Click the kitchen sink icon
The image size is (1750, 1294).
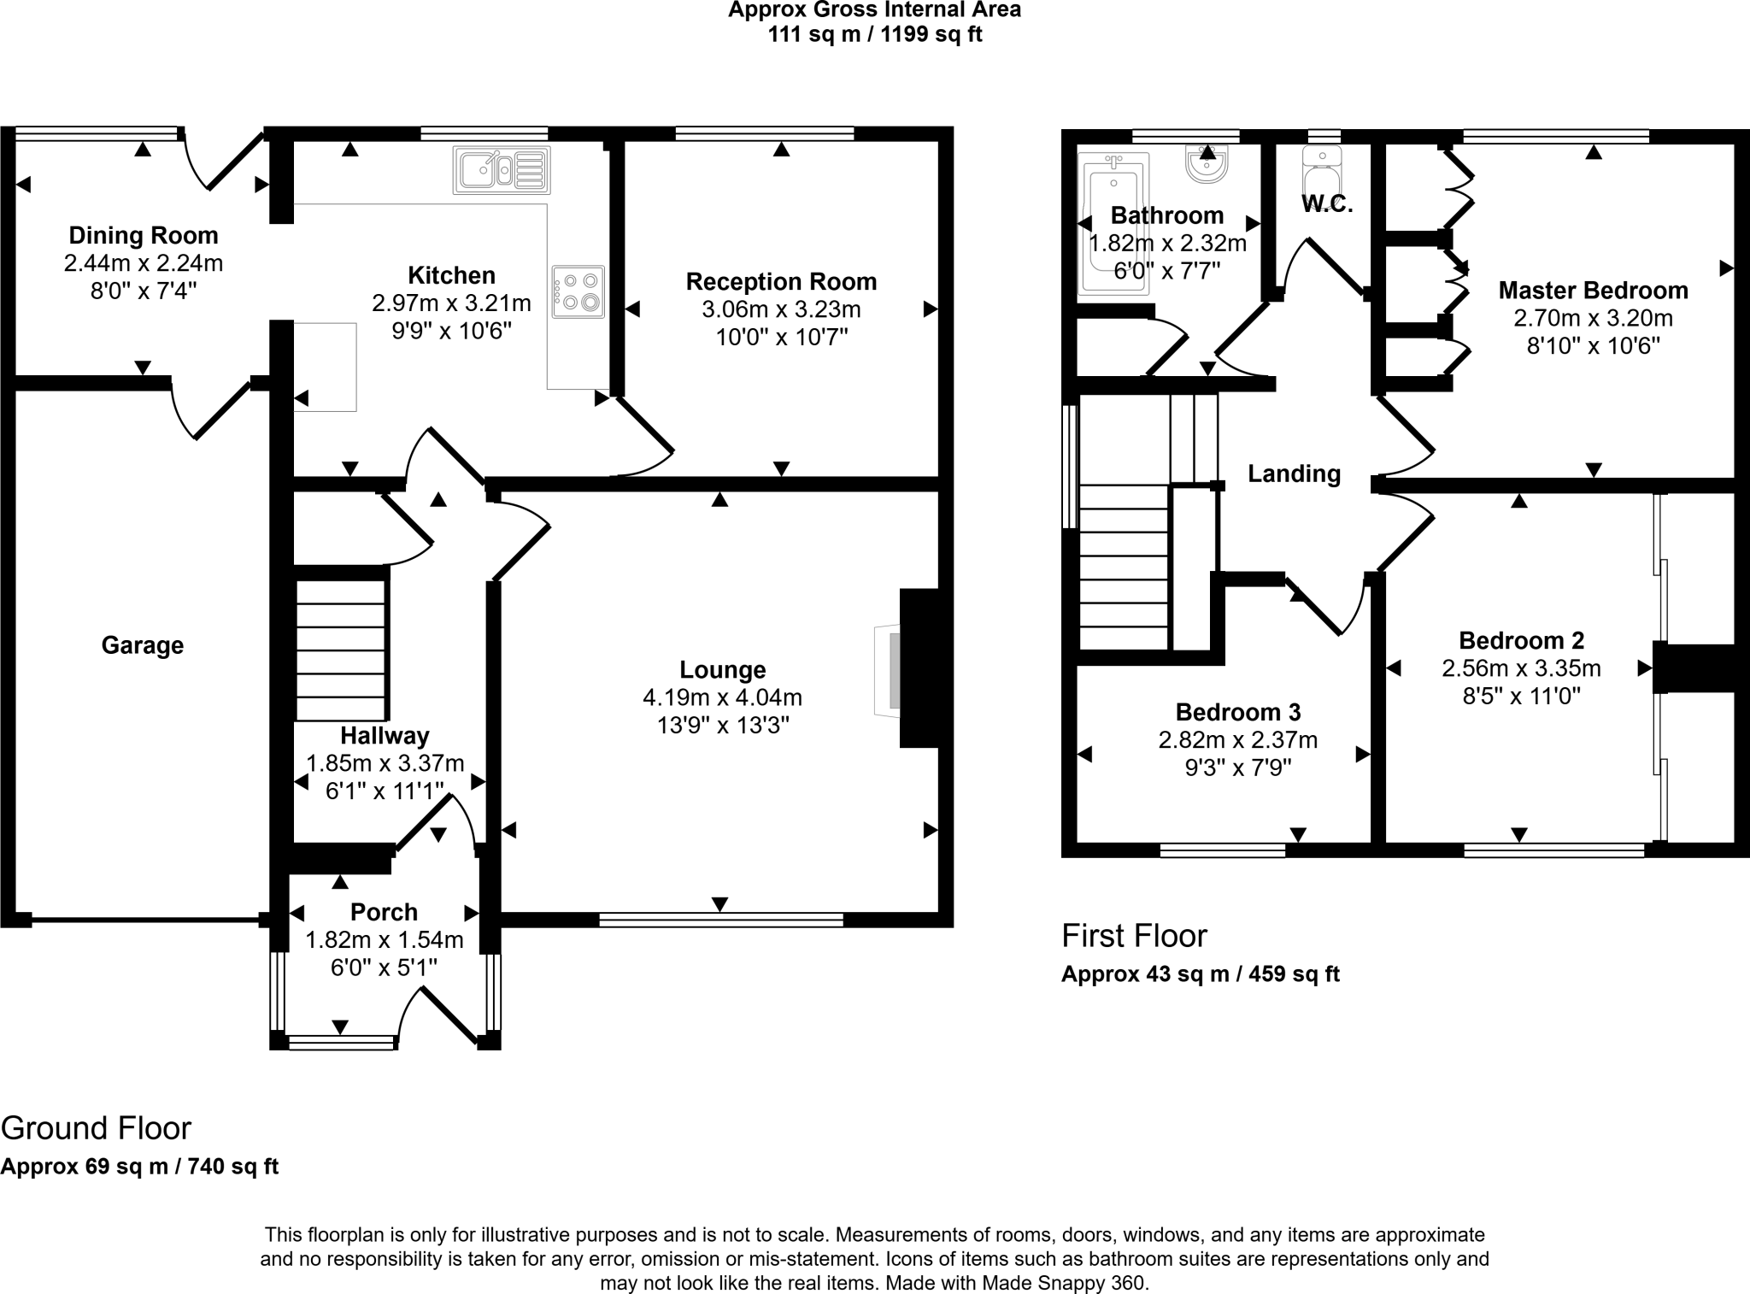point(502,170)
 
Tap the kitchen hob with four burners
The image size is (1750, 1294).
point(578,291)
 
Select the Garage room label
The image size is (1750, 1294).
point(143,645)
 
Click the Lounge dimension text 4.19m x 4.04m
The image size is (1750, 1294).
point(722,698)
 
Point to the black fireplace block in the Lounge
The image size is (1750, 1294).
point(919,668)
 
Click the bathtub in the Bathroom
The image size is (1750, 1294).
point(1113,224)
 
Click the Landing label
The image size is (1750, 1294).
point(1294,473)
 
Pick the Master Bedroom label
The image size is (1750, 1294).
point(1593,291)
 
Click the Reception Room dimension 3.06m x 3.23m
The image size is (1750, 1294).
point(781,309)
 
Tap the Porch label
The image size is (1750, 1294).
point(384,912)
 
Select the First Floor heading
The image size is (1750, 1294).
point(1134,936)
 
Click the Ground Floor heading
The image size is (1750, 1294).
point(96,1128)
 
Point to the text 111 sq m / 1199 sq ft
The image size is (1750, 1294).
point(874,35)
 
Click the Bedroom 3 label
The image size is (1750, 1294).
point(1237,712)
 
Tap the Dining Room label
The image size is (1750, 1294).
point(144,235)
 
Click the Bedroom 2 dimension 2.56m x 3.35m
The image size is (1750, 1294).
point(1521,668)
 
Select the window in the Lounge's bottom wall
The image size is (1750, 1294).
point(721,920)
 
